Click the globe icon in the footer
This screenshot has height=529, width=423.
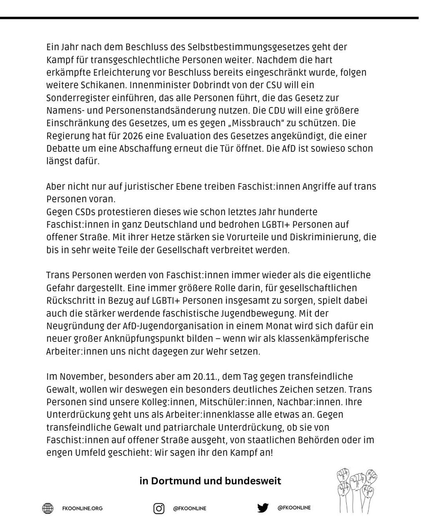tap(48, 508)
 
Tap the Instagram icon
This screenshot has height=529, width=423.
tap(159, 508)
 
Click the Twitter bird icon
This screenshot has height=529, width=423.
tap(263, 508)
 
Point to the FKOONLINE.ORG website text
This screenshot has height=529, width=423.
tap(82, 508)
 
